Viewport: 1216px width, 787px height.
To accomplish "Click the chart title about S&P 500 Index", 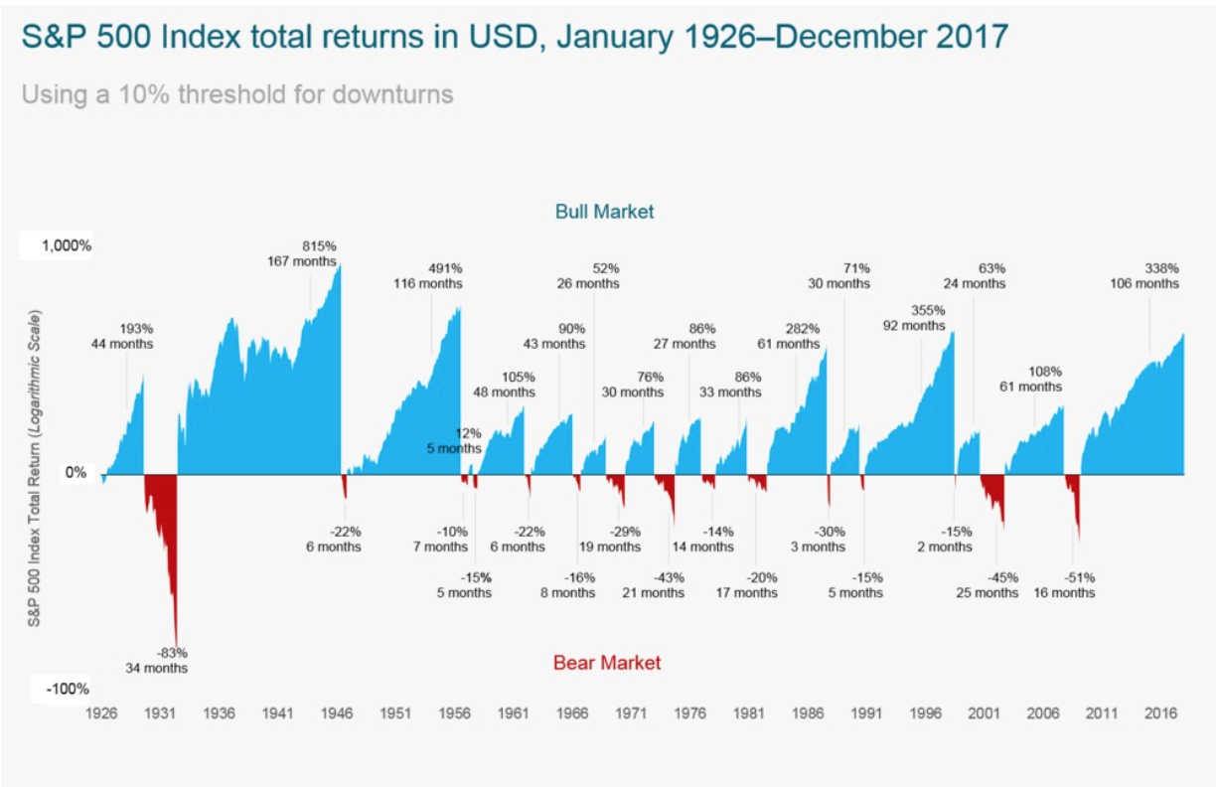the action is (515, 37).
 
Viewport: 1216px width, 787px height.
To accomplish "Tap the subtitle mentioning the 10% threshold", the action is (237, 94).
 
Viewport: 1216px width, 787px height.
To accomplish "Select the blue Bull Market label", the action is (604, 212).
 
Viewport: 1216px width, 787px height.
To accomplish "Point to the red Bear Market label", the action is (607, 663).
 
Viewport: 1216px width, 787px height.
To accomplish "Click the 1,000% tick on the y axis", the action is (67, 245).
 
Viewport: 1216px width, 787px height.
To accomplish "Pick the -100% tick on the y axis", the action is (68, 689).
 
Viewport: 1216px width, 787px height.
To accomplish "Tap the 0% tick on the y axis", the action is (76, 472).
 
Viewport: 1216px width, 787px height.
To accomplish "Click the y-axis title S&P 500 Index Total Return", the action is (34, 468).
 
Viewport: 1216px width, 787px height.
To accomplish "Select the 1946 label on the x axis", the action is (337, 713).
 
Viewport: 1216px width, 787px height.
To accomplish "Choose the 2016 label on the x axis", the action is (1160, 713).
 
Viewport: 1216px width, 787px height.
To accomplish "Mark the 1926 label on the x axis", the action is (101, 713).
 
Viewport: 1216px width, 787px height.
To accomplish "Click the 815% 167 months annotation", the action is (302, 253).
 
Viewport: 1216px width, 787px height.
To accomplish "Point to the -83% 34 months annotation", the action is (157, 661).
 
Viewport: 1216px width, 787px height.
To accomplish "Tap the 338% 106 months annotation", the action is (1144, 276).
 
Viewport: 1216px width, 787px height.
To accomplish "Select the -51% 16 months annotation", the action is (1065, 585).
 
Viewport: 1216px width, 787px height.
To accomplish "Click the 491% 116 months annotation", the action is (428, 276).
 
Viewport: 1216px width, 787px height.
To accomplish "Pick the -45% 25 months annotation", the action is (988, 585).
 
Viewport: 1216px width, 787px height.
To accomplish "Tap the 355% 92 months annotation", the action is (914, 318).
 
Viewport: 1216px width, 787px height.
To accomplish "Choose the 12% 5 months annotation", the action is (454, 441).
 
